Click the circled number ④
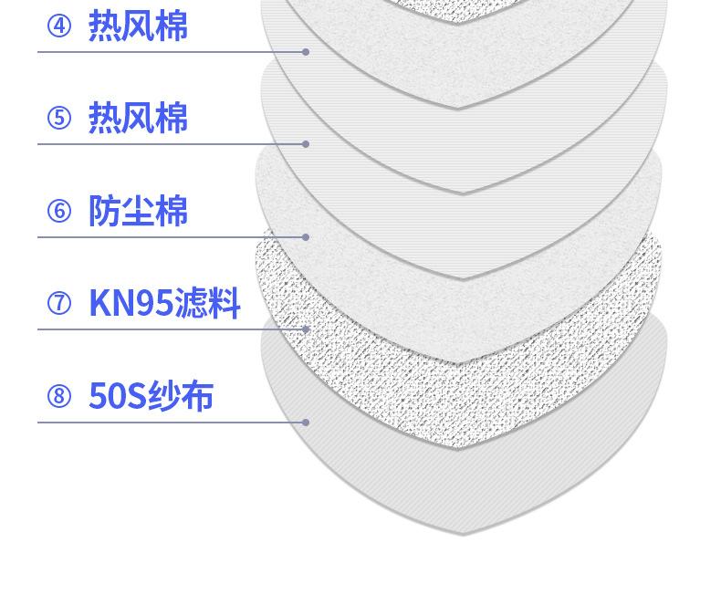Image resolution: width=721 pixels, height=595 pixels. [x=59, y=26]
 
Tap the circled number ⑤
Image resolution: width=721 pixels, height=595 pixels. [x=59, y=118]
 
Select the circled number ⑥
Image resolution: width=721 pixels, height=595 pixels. [x=59, y=211]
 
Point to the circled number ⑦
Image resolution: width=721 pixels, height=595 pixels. [x=59, y=304]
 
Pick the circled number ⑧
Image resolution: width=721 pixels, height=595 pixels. [x=59, y=396]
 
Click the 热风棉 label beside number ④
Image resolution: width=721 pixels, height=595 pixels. [x=138, y=26]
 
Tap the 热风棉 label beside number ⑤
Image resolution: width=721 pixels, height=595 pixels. [x=138, y=118]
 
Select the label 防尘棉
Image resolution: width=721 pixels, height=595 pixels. [x=138, y=211]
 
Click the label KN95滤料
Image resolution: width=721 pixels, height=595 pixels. [x=164, y=303]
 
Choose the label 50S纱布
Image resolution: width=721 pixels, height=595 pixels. [x=151, y=395]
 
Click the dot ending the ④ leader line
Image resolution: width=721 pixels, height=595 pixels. [x=306, y=52]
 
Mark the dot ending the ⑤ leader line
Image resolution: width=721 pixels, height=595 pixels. [x=306, y=144]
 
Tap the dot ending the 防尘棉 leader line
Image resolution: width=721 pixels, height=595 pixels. [x=306, y=237]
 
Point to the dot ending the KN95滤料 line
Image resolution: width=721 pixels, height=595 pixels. [x=306, y=329]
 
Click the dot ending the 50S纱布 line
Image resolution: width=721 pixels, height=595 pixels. [x=306, y=423]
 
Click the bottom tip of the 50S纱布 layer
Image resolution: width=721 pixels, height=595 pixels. [x=463, y=535]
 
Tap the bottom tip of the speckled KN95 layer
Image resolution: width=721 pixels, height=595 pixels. [x=457, y=447]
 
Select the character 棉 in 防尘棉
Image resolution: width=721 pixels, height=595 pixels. [x=172, y=211]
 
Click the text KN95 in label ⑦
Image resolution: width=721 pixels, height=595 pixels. [x=131, y=303]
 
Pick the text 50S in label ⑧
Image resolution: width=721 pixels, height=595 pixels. [x=117, y=396]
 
